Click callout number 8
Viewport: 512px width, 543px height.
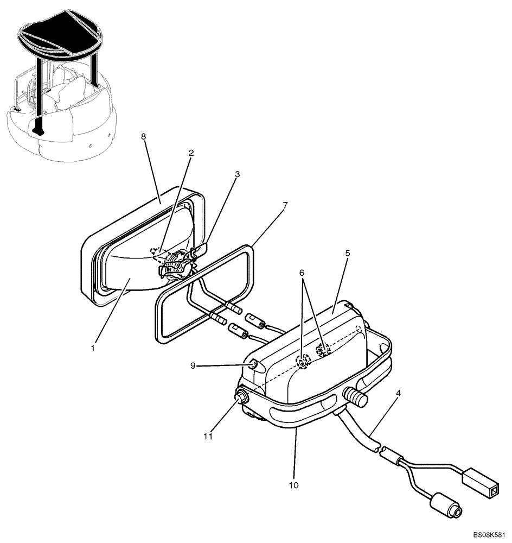[144, 137]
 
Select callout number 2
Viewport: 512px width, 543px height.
[190, 153]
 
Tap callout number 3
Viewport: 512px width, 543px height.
[237, 174]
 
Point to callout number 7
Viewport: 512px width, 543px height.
[285, 206]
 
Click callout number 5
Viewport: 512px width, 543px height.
[347, 253]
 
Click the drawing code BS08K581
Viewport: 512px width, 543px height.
[484, 535]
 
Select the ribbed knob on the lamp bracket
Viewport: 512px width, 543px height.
[355, 399]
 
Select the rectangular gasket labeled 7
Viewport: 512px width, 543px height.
[203, 293]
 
